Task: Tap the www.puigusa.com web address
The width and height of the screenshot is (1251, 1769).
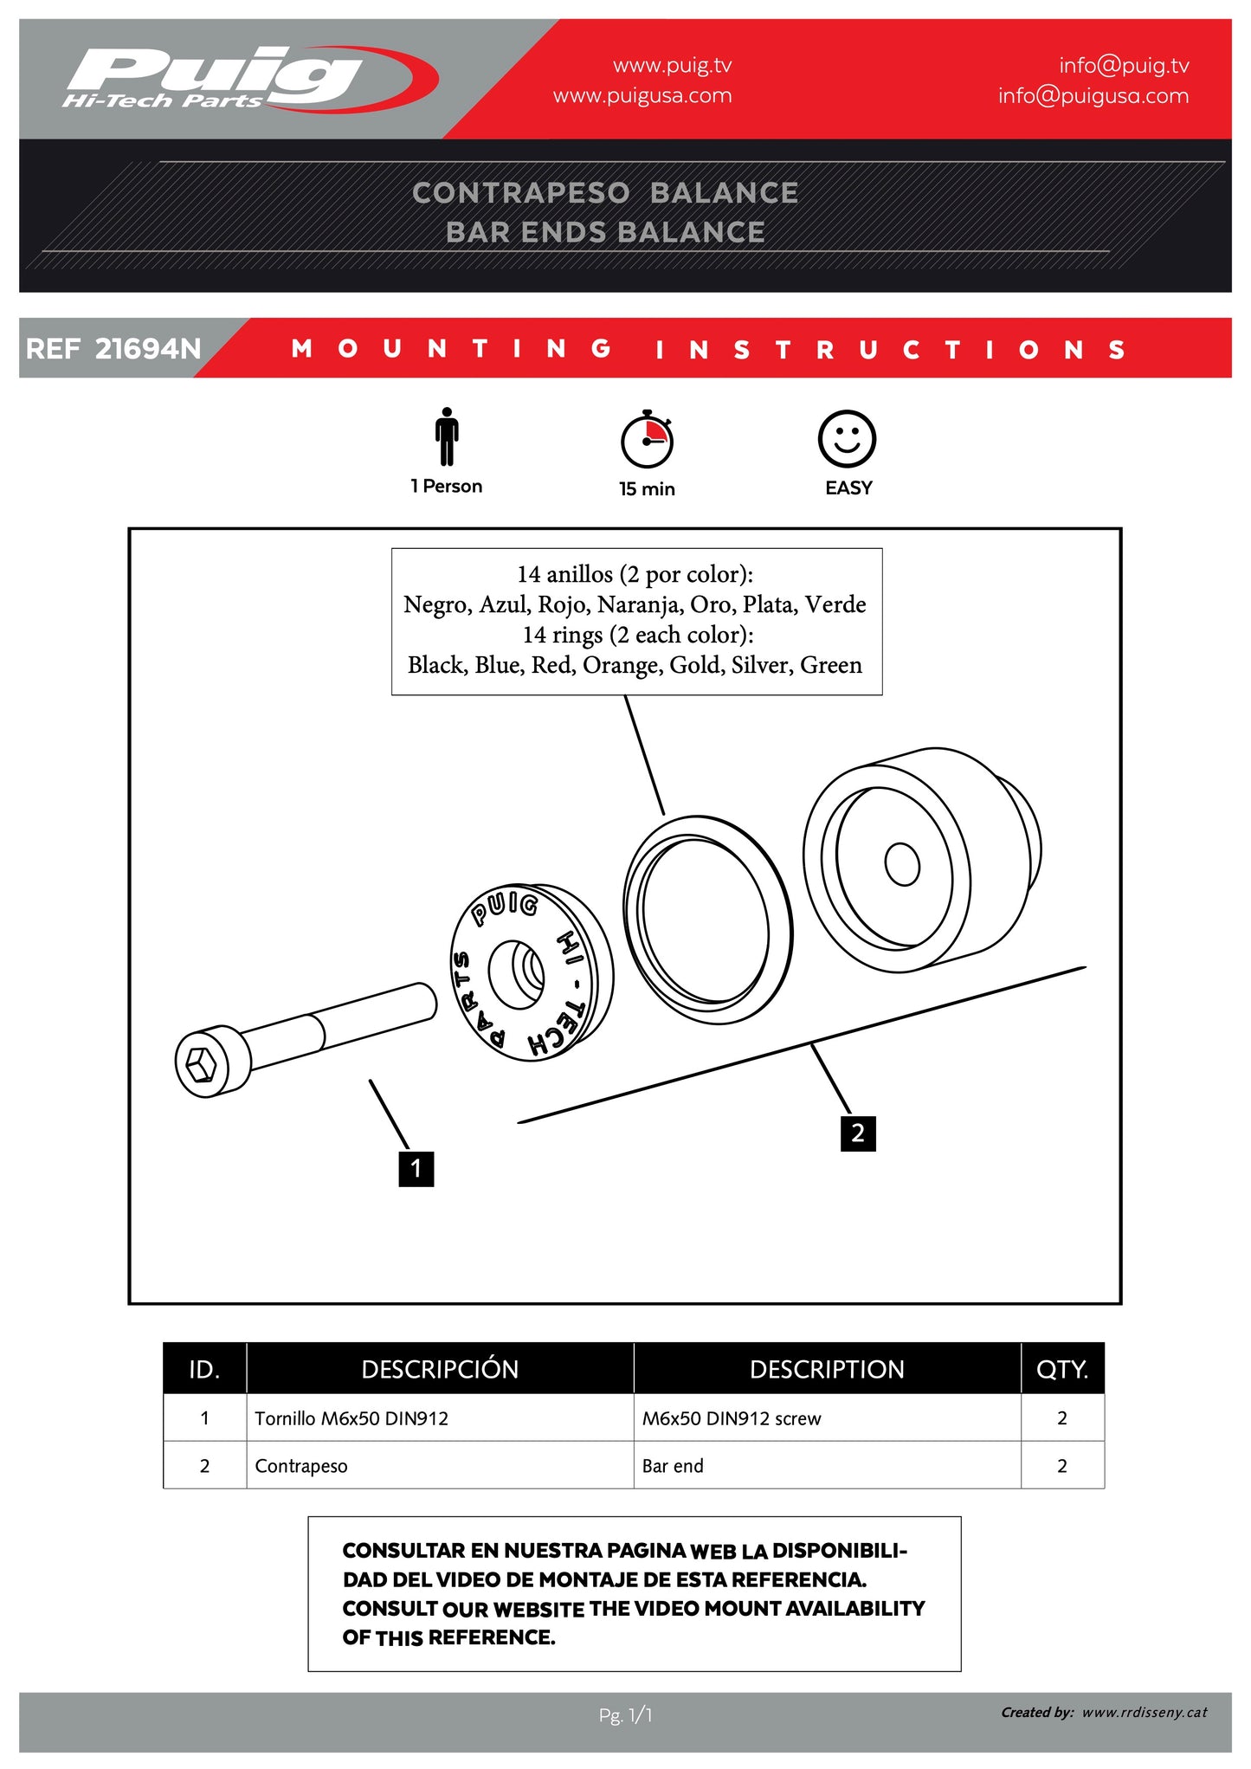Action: [x=642, y=96]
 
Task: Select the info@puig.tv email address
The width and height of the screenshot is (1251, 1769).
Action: [x=1123, y=66]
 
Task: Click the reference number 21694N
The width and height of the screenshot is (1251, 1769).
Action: [x=147, y=349]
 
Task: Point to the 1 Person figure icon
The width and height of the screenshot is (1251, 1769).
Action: [x=447, y=436]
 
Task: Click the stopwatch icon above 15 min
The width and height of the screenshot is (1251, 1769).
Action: [x=647, y=439]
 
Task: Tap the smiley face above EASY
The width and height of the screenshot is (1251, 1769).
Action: [x=847, y=439]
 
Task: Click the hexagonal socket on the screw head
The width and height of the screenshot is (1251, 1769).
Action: [x=201, y=1063]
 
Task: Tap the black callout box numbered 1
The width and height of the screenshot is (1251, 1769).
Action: [x=416, y=1168]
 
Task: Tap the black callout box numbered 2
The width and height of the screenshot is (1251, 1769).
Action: [x=857, y=1133]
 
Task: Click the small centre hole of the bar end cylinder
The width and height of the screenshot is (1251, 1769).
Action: [x=902, y=864]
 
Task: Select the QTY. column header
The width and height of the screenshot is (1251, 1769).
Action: [x=1061, y=1369]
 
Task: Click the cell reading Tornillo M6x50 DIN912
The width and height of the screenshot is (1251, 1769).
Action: [x=351, y=1418]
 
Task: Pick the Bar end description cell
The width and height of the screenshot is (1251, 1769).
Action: [x=673, y=1466]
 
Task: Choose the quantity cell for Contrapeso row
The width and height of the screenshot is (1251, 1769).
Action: [x=1061, y=1466]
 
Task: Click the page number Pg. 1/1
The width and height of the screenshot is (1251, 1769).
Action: [x=625, y=1714]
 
